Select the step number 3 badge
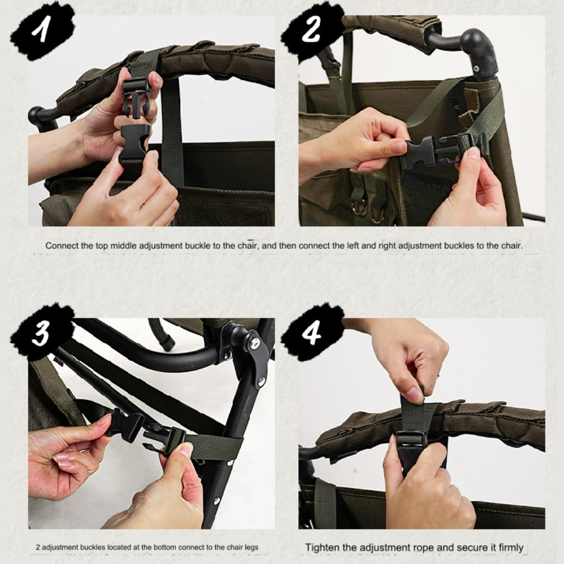(42, 333)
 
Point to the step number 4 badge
(311, 333)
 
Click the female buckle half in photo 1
(133, 144)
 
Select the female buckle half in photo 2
(421, 151)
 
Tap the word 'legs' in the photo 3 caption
(251, 547)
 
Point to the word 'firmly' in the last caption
(511, 547)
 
